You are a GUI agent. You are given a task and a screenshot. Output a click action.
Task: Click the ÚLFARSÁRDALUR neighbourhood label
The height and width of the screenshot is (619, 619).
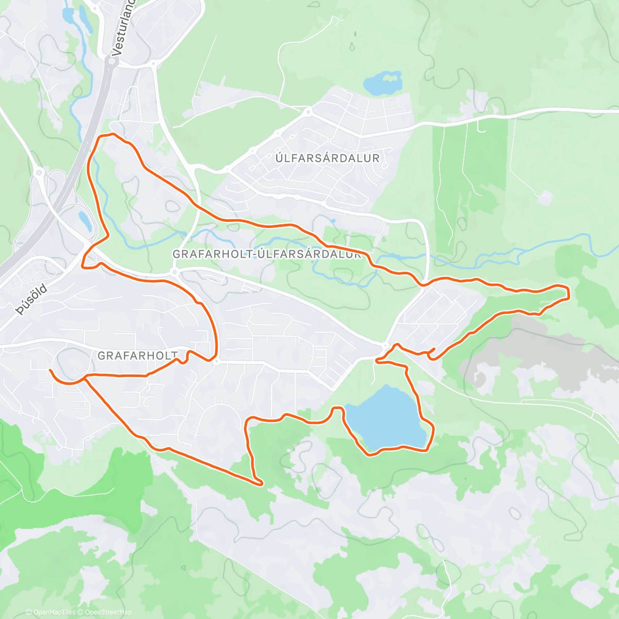tap(328, 158)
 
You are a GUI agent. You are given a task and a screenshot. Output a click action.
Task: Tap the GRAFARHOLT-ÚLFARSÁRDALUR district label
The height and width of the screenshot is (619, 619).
tap(266, 254)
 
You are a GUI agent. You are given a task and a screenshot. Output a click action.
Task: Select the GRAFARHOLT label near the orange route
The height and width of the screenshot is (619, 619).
tap(138, 355)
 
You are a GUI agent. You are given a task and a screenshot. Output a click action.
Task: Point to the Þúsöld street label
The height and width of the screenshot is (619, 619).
tap(31, 300)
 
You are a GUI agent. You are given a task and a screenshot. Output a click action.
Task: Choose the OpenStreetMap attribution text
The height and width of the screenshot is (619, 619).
tap(108, 612)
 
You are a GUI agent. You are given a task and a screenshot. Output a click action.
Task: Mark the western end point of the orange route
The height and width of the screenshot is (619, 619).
tap(50, 370)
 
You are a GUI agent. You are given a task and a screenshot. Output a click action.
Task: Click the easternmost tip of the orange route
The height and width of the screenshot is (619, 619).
tap(568, 293)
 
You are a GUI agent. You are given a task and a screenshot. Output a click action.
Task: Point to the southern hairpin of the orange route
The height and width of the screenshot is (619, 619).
tap(260, 483)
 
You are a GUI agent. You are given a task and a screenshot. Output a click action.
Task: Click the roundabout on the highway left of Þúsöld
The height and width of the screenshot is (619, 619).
tap(39, 172)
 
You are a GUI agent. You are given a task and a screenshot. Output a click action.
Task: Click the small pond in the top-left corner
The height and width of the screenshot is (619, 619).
tap(68, 14)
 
